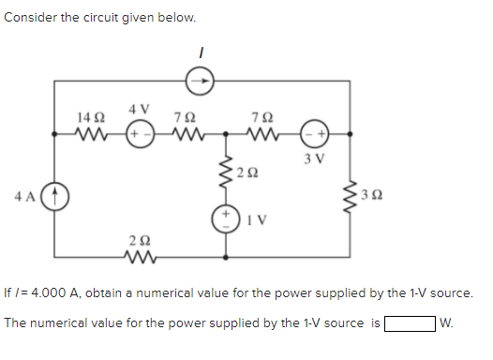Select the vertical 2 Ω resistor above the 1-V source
pos(226,172)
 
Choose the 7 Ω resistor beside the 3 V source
pos(262,133)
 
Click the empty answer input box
pos(410,323)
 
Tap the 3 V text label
pos(314,155)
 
